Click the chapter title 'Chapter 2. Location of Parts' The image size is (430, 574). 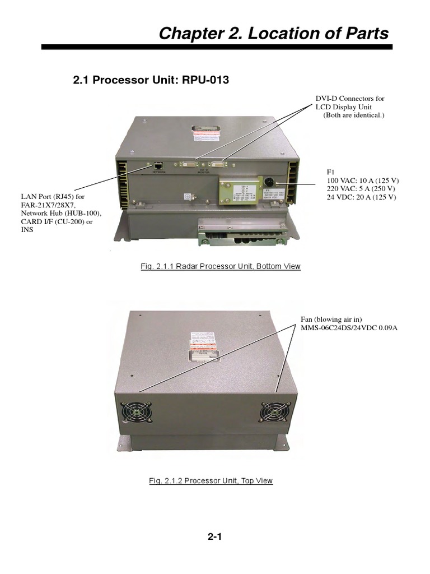pos(273,34)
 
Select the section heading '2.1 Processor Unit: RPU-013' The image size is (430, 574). pos(151,80)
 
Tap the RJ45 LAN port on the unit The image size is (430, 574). pos(159,166)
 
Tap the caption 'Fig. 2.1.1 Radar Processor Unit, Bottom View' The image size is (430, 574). pos(221,266)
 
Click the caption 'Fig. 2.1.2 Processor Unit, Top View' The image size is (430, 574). pos(211,481)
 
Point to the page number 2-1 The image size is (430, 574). pos(215,536)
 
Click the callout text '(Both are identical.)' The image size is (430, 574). pos(354,115)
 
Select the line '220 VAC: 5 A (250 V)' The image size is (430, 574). pos(362,189)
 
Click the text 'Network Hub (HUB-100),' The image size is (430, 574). pos(61,214)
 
